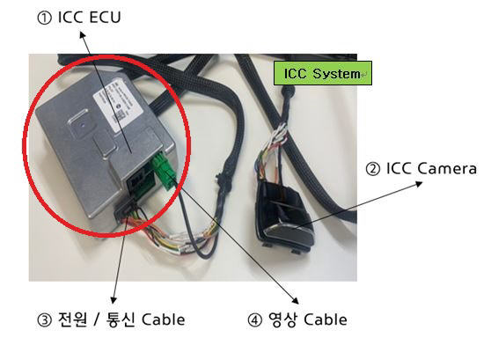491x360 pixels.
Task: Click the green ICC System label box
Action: coord(323,73)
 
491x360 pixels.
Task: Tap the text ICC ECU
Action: coord(89,17)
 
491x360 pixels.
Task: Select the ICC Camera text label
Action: coord(431,169)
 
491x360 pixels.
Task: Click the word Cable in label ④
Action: coord(326,320)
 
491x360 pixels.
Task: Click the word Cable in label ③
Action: coord(163,320)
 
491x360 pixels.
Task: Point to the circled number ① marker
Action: coord(45,18)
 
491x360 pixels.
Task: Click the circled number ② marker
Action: coord(373,169)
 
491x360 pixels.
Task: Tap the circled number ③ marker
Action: coord(45,320)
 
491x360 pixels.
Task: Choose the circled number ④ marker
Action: coord(254,320)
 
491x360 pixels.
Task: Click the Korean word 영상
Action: coord(282,320)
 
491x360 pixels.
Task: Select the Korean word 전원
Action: coord(72,320)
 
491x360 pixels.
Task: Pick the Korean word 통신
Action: coord(121,320)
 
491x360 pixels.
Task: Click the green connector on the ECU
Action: coord(164,170)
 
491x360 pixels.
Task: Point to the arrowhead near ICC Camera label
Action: coord(419,184)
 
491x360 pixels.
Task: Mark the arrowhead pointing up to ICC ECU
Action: coord(83,34)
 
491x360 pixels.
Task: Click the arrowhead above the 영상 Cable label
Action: coord(296,301)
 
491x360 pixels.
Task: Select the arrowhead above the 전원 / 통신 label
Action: coord(114,300)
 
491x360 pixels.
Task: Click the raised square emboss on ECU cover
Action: coord(82,123)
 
